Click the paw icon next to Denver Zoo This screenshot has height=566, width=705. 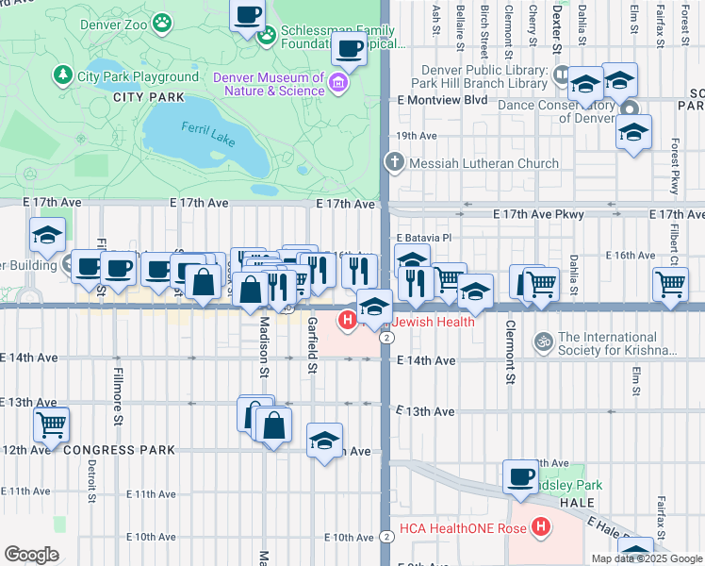pyautogui.click(x=163, y=20)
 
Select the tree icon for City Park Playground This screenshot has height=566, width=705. pyautogui.click(x=64, y=74)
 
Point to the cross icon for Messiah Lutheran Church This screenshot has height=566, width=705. pyautogui.click(x=394, y=163)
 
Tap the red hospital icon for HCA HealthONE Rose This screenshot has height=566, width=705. pyautogui.click(x=541, y=528)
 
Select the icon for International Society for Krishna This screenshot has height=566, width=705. pyautogui.click(x=542, y=341)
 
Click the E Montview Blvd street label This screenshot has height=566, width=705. pyautogui.click(x=442, y=99)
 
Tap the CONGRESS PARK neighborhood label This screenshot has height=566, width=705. pyautogui.click(x=120, y=450)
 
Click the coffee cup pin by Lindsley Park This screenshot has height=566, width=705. pyautogui.click(x=520, y=476)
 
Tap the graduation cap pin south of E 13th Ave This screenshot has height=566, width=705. pyautogui.click(x=324, y=441)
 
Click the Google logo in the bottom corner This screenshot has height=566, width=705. pyautogui.click(x=31, y=555)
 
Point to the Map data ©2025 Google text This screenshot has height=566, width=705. pyautogui.click(x=647, y=558)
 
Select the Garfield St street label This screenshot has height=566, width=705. pyautogui.click(x=312, y=343)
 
